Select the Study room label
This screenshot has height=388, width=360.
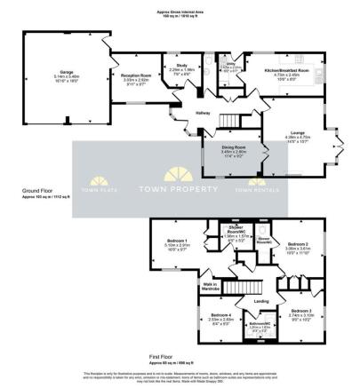[x=180, y=68]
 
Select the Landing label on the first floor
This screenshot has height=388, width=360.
[x=261, y=302]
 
